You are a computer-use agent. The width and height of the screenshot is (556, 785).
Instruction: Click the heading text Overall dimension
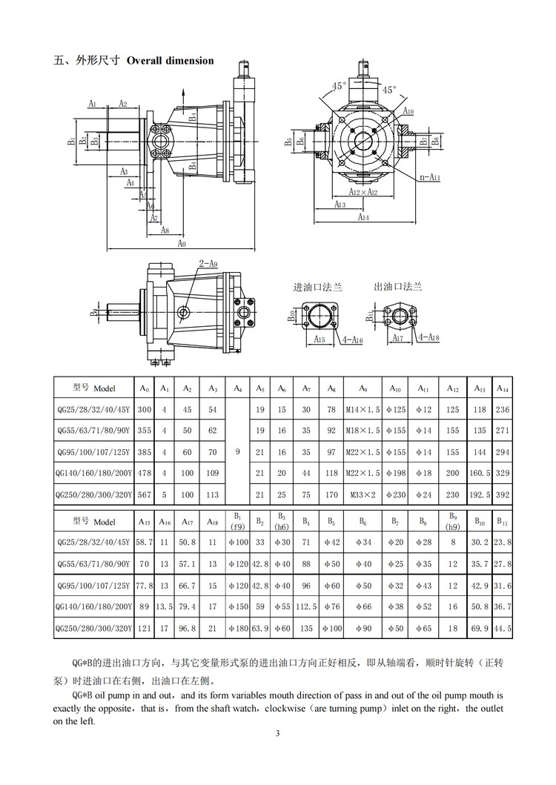point(171,60)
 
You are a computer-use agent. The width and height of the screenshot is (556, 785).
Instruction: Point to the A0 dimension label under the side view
point(182,243)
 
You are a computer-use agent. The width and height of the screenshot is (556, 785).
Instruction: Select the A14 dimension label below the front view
point(363,218)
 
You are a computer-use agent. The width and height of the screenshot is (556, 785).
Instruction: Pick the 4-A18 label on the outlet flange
point(429,338)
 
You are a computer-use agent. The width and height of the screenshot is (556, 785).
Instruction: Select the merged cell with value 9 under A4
point(238,449)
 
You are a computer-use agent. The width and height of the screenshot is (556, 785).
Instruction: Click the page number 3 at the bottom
point(277,734)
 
